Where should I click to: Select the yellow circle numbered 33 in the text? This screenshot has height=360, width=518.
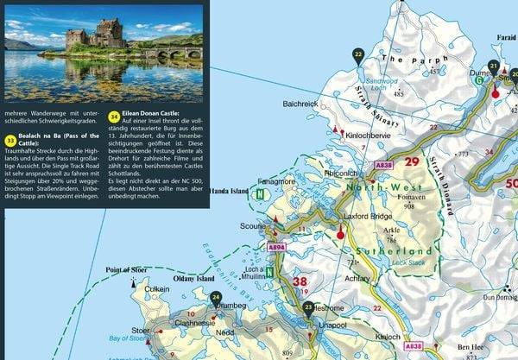[9, 138]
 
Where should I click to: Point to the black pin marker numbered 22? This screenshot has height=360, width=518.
[358, 56]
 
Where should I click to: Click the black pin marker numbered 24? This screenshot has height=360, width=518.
[216, 298]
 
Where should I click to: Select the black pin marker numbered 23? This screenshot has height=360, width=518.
[308, 307]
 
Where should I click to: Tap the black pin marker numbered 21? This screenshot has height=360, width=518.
[493, 66]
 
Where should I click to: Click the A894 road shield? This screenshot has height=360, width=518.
[276, 247]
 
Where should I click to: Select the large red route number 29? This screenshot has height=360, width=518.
[412, 161]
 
